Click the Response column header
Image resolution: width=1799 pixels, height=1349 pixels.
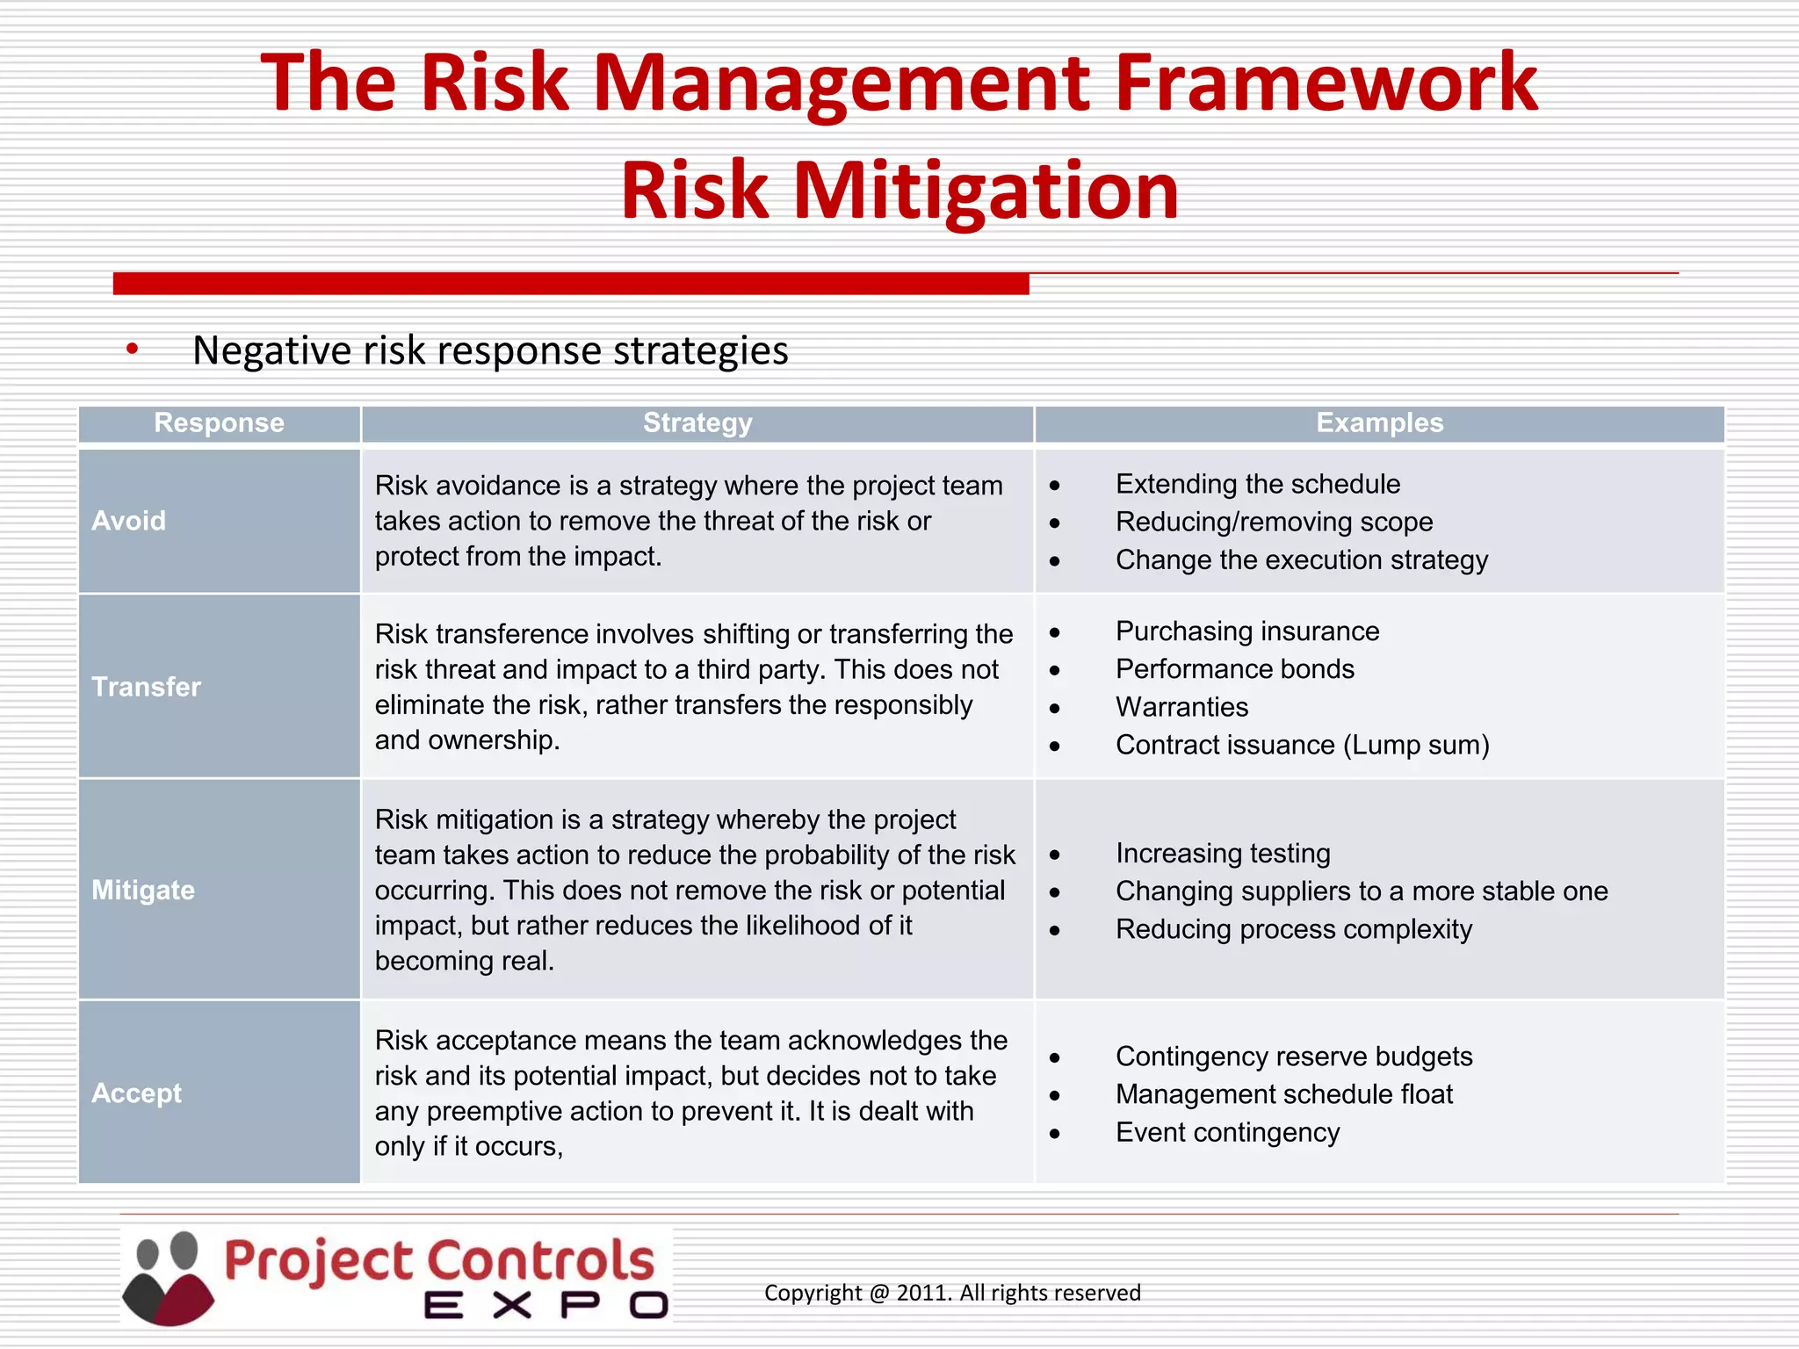click(219, 423)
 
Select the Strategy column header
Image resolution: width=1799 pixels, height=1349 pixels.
click(697, 423)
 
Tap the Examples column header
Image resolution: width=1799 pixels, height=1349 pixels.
click(1379, 423)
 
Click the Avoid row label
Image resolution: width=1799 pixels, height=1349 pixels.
click(129, 521)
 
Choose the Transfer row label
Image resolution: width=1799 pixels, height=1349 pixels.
click(147, 687)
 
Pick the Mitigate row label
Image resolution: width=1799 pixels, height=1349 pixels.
click(143, 891)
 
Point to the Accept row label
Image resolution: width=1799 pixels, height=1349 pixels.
click(137, 1093)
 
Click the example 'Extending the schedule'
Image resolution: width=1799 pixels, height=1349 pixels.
click(1258, 484)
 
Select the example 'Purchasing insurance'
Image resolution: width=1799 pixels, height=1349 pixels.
click(1247, 631)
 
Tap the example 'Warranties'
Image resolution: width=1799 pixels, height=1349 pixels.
click(1181, 707)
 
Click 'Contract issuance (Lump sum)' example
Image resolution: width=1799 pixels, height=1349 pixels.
click(1303, 746)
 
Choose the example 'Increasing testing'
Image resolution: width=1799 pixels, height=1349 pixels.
click(1223, 854)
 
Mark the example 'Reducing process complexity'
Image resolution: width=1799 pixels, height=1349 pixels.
click(1294, 929)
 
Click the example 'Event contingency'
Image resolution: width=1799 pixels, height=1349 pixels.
click(1227, 1133)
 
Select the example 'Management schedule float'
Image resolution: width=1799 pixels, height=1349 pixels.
click(1284, 1095)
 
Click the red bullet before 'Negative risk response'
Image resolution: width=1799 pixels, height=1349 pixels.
click(132, 350)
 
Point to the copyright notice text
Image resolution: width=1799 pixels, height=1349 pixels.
click(952, 1293)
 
